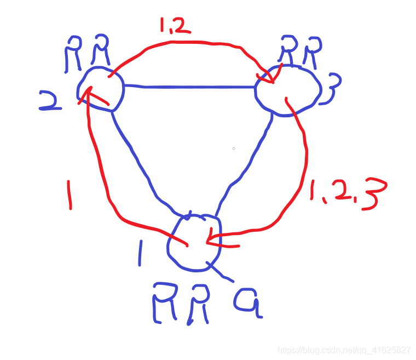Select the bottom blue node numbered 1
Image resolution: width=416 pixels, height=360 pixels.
[194, 242]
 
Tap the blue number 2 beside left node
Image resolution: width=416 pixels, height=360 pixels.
[51, 101]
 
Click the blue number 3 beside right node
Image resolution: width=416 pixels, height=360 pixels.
[332, 89]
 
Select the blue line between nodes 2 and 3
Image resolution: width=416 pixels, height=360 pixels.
[189, 87]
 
